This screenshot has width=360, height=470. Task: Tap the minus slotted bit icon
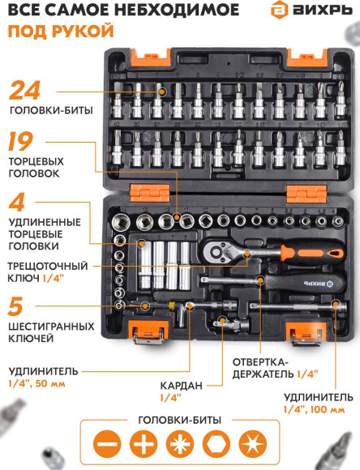coord(109,445)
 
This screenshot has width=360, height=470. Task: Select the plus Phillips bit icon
coord(144,445)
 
